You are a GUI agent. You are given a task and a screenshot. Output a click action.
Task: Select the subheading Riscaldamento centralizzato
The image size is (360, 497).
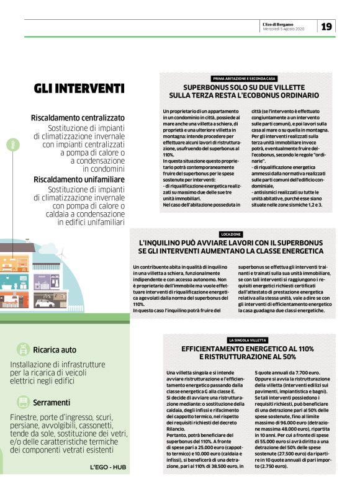pyautogui.click(x=78, y=118)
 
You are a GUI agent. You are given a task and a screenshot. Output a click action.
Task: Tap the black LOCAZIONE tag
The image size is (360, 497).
pyautogui.click(x=231, y=234)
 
